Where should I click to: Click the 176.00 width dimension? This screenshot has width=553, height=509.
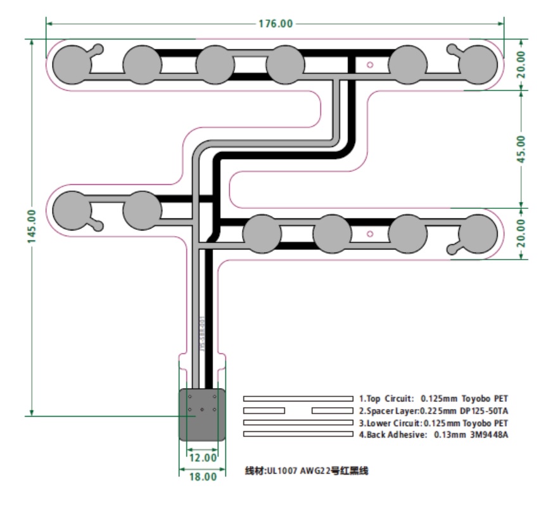pyautogui.click(x=276, y=24)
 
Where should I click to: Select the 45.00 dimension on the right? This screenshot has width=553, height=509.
pyautogui.click(x=521, y=149)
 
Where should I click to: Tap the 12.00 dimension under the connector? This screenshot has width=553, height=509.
pyautogui.click(x=203, y=457)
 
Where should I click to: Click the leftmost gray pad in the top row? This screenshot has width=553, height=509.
pyautogui.click(x=71, y=64)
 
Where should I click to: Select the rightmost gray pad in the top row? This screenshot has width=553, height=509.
pyautogui.click(x=478, y=65)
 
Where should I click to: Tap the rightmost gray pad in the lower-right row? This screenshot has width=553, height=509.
pyautogui.click(x=478, y=234)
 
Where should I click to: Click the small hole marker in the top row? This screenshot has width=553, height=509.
pyautogui.click(x=371, y=64)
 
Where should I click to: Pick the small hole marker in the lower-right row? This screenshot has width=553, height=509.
pyautogui.click(x=371, y=234)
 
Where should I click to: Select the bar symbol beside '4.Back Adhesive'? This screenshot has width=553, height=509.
pyautogui.click(x=298, y=434)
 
